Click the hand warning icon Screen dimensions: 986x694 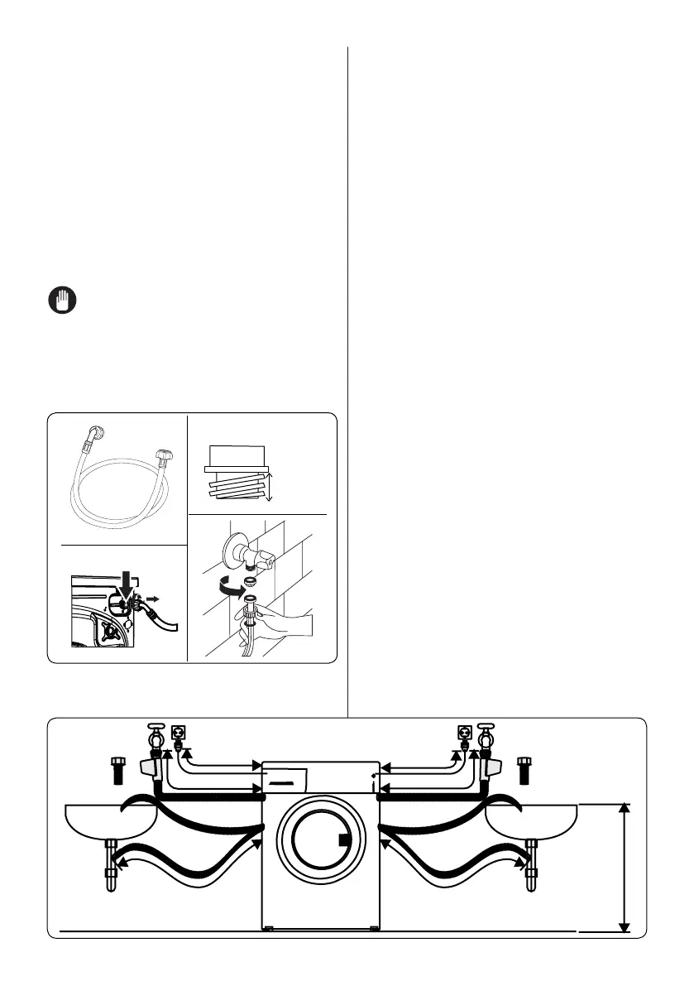tap(60, 300)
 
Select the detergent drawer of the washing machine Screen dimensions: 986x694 tap(285, 778)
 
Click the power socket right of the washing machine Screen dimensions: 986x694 tap(464, 733)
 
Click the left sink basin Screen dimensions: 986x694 tap(111, 822)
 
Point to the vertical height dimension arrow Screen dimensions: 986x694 tap(626, 867)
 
